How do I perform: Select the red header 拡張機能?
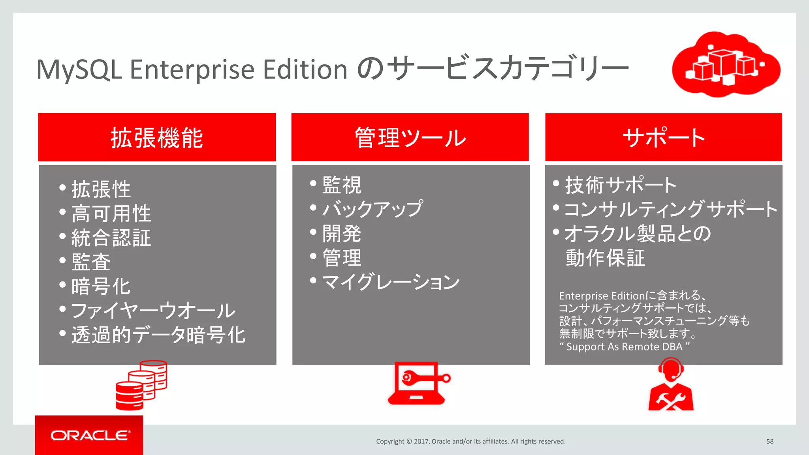(157, 138)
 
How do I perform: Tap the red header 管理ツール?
(410, 138)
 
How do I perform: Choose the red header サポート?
(664, 138)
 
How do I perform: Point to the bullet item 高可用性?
(111, 213)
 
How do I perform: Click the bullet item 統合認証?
(111, 238)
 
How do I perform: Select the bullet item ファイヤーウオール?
(153, 311)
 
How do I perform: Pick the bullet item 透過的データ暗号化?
(158, 335)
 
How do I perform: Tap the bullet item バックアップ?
(373, 209)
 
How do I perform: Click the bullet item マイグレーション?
(391, 282)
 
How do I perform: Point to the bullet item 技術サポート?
(621, 185)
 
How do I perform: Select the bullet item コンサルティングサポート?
(671, 209)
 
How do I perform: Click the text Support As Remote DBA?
(624, 347)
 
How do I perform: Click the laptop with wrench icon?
(418, 383)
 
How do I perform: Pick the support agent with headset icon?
(671, 385)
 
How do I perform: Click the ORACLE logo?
(90, 435)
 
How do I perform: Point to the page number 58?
(770, 441)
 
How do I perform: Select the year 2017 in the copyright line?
(421, 441)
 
